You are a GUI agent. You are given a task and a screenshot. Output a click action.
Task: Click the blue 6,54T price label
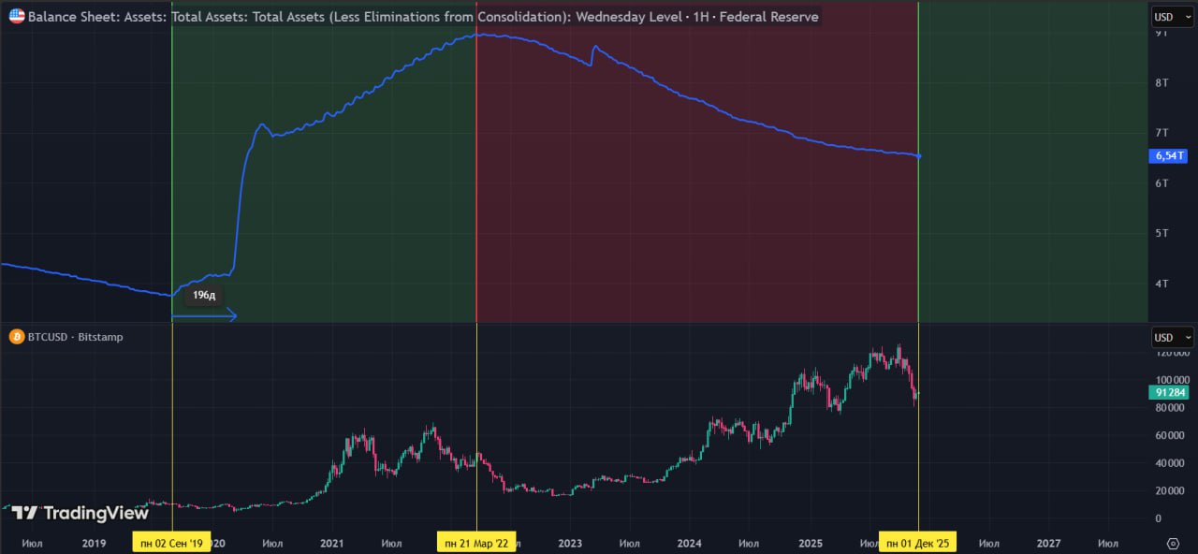[x=1171, y=156]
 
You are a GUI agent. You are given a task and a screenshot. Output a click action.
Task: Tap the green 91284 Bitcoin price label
[x=1171, y=393]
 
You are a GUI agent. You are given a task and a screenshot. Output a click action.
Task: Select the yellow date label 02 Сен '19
[x=171, y=543]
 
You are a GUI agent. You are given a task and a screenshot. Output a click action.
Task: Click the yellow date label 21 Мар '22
[x=476, y=543]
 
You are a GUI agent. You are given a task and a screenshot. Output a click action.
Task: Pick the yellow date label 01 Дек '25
[x=917, y=543]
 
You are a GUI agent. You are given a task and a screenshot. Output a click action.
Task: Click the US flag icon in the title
[x=17, y=16]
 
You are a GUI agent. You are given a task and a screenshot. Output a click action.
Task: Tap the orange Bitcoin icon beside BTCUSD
[x=17, y=337]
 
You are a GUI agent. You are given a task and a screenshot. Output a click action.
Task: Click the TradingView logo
[x=80, y=513]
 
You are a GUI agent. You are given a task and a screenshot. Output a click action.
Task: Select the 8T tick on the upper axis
[x=1162, y=82]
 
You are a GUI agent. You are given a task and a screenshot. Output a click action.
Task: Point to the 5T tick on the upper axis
[x=1162, y=233]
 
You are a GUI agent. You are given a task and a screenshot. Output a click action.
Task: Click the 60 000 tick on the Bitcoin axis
[x=1169, y=435]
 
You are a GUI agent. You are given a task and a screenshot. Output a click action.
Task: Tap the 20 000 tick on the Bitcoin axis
[x=1169, y=490]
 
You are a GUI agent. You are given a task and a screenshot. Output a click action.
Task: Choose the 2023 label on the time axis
[x=569, y=543]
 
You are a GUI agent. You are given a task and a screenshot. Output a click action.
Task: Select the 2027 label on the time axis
[x=1048, y=543]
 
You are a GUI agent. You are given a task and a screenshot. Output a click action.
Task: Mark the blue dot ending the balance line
[x=918, y=156]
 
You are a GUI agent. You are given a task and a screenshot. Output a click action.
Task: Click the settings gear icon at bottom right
[x=1173, y=543]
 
